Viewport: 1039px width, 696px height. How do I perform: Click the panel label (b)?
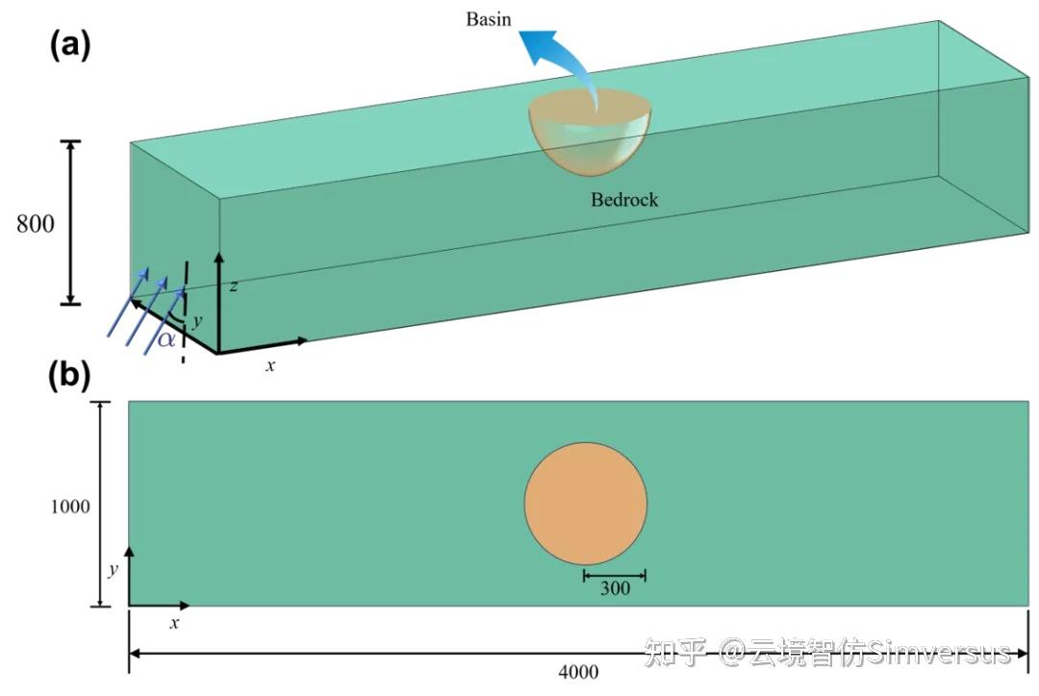click(70, 376)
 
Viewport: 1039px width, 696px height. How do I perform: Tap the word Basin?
click(489, 20)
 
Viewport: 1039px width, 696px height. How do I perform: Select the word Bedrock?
click(624, 201)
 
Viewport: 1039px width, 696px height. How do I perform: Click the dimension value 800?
click(36, 224)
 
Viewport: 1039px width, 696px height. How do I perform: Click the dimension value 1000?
click(70, 506)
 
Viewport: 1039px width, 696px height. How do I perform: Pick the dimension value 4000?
click(577, 672)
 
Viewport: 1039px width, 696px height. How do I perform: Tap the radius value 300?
click(615, 587)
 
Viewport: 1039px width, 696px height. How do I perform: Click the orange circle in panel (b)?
click(586, 504)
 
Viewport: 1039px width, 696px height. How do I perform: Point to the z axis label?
click(234, 286)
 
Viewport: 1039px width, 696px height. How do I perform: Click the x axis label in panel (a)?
click(270, 365)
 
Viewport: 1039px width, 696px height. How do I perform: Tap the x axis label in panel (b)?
click(175, 623)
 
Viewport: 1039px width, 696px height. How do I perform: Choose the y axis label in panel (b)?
click(113, 569)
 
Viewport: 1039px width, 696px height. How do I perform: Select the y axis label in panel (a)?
click(197, 319)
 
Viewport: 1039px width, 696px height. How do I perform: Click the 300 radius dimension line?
click(615, 575)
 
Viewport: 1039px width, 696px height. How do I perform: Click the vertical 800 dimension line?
click(69, 223)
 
